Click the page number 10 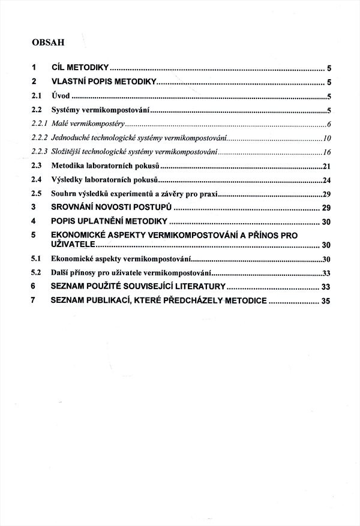(327, 139)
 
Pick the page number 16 (327, 152)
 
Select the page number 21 (327, 166)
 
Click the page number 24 (327, 180)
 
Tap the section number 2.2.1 (40, 124)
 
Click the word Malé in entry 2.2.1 (60, 124)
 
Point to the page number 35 (326, 301)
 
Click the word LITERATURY (198, 287)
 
